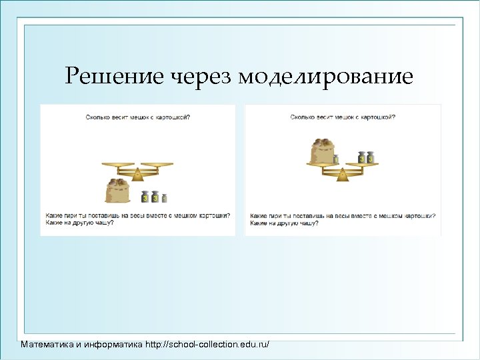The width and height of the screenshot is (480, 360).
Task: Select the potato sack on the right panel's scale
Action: [x=321, y=151]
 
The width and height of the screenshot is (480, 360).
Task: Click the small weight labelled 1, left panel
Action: [x=165, y=198]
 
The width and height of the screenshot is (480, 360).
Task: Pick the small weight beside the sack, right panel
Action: [x=336, y=159]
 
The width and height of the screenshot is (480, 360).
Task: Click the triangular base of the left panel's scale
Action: [x=137, y=175]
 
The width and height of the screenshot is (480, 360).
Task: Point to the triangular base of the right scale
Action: [x=342, y=175]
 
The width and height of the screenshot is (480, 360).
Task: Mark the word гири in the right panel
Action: [x=273, y=215]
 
